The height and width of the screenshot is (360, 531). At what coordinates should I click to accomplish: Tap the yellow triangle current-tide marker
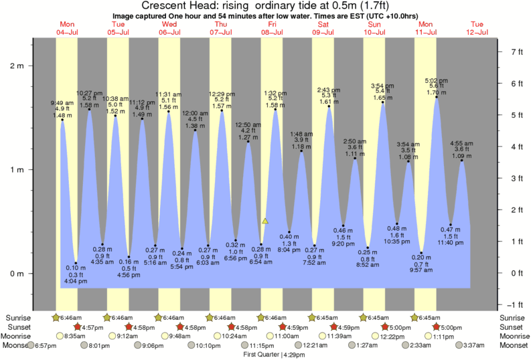click(x=265, y=220)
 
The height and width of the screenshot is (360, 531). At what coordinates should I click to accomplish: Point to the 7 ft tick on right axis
click(x=516, y=52)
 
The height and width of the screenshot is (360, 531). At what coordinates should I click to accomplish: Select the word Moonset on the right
click(x=514, y=345)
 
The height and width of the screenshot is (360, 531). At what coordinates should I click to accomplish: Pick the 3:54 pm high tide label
click(x=383, y=85)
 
